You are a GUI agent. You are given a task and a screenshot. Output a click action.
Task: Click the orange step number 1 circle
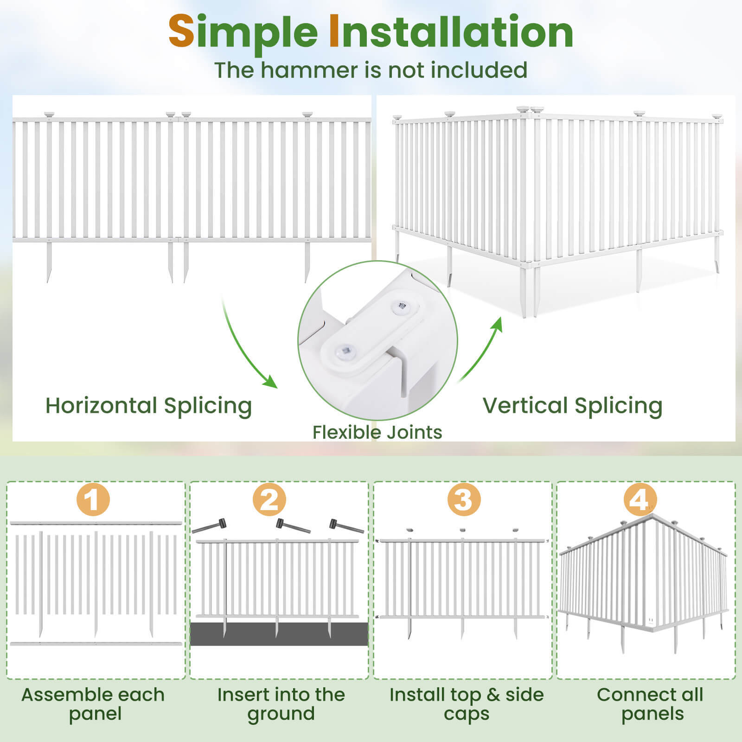pyautogui.click(x=93, y=500)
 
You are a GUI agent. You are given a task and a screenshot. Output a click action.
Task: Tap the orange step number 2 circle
pyautogui.click(x=269, y=500)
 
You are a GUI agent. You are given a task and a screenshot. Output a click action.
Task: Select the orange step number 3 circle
pyautogui.click(x=464, y=500)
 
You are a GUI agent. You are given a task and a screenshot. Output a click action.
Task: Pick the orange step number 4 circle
pyautogui.click(x=640, y=500)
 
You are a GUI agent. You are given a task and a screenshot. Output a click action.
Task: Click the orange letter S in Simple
pyautogui.click(x=181, y=32)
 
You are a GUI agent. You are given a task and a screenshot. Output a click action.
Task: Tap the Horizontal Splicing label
pyautogui.click(x=148, y=406)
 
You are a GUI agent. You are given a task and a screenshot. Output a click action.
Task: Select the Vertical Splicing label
pyautogui.click(x=572, y=406)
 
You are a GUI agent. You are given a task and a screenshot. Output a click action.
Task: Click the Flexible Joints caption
pyautogui.click(x=377, y=432)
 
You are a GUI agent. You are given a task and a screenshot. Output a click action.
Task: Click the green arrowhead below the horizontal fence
pyautogui.click(x=270, y=382)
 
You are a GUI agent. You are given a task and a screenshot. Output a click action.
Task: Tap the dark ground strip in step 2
pyautogui.click(x=278, y=634)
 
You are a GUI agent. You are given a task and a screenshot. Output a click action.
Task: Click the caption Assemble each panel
pyautogui.click(x=93, y=704)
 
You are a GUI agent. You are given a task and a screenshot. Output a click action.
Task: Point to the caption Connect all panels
pyautogui.click(x=650, y=704)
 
